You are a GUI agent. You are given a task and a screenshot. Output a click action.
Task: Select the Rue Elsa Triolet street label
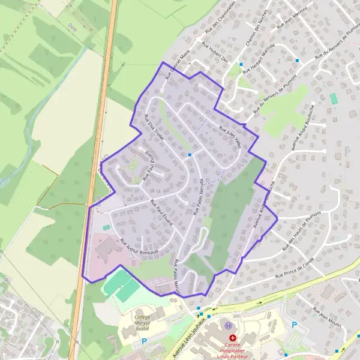pos(151,127)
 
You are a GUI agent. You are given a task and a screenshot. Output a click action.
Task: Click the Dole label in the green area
pos(74,27)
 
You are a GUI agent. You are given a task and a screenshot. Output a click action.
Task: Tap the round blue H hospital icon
pos(228,326)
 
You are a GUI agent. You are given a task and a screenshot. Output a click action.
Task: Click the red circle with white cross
pos(233,338)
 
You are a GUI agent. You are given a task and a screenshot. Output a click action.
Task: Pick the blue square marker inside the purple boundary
pos(190,155)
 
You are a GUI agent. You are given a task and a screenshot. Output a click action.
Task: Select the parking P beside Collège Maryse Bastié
pos(143,341)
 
